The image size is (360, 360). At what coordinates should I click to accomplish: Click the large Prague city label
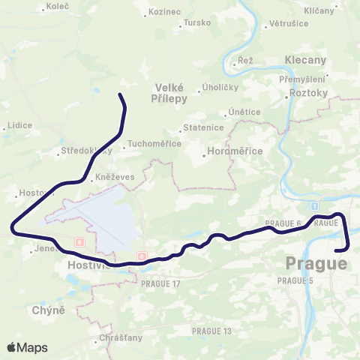pyautogui.click(x=316, y=263)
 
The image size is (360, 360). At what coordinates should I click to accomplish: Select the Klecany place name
pyautogui.click(x=306, y=59)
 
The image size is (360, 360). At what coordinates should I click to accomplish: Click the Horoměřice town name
pyautogui.click(x=235, y=151)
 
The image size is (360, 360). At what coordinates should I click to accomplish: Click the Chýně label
pyautogui.click(x=49, y=310)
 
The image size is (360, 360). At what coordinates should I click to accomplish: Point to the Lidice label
pyautogui.click(x=19, y=125)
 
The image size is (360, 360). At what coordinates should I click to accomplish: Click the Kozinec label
pyautogui.click(x=165, y=12)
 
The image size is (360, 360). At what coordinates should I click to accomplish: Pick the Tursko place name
pyautogui.click(x=197, y=22)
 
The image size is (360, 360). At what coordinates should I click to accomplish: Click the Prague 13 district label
pyautogui.click(x=211, y=331)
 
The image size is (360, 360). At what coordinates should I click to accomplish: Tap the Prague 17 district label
pyautogui.click(x=160, y=283)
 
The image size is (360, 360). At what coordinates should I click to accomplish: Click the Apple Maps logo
pyautogui.click(x=27, y=347)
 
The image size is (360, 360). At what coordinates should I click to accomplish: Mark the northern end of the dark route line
pyautogui.click(x=121, y=94)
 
